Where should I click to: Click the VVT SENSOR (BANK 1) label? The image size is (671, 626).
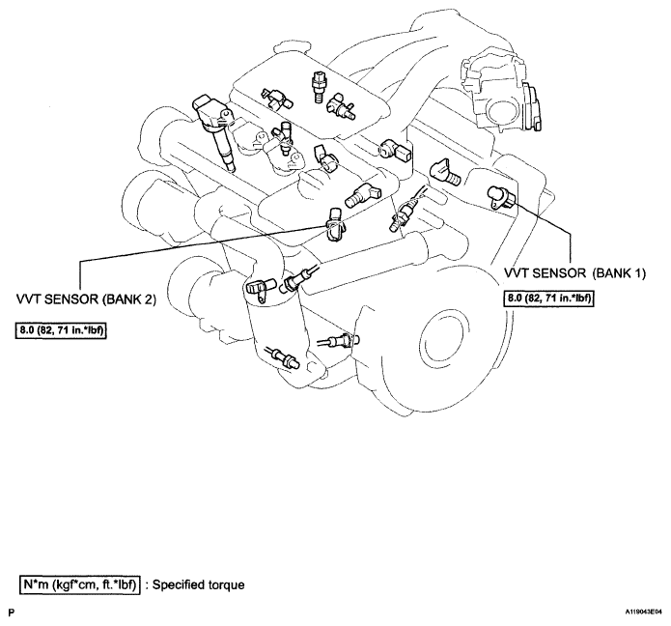pyautogui.click(x=574, y=273)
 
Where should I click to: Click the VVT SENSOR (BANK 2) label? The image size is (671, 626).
pyautogui.click(x=86, y=299)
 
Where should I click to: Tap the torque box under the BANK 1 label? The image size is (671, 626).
pyautogui.click(x=549, y=298)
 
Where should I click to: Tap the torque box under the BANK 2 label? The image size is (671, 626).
pyautogui.click(x=61, y=330)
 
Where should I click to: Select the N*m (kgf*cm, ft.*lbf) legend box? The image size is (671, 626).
pyautogui.click(x=79, y=584)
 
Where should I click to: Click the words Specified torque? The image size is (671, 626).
pyautogui.click(x=199, y=584)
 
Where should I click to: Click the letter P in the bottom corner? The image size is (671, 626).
pyautogui.click(x=12, y=612)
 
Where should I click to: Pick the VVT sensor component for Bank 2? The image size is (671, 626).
pyautogui.click(x=334, y=224)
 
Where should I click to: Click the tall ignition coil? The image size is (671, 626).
pyautogui.click(x=214, y=130)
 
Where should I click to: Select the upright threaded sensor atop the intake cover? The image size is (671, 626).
pyautogui.click(x=318, y=87)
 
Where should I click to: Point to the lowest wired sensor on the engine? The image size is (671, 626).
pyautogui.click(x=283, y=356)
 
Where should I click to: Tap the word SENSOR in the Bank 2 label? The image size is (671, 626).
pyautogui.click(x=70, y=299)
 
